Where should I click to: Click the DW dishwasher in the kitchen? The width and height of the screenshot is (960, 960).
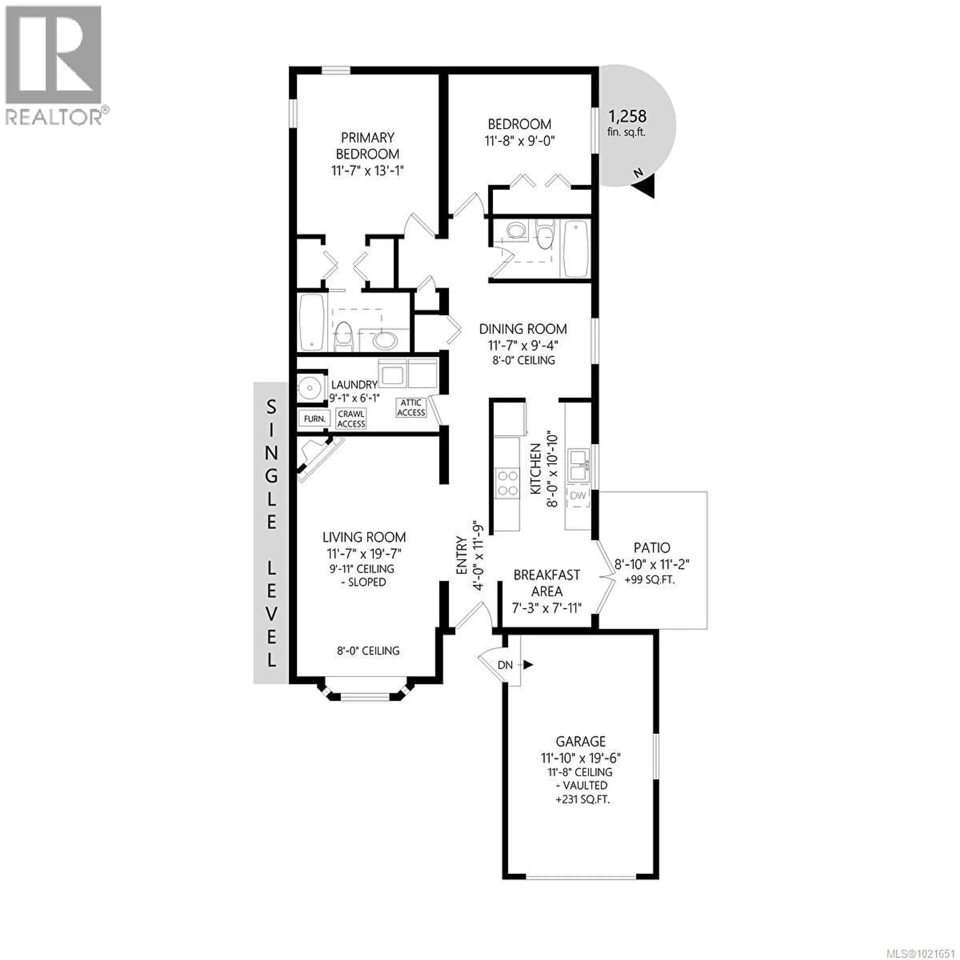point(578,495)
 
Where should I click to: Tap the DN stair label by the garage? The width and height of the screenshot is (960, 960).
point(505,665)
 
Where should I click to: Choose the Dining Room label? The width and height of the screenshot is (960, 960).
point(523,329)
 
